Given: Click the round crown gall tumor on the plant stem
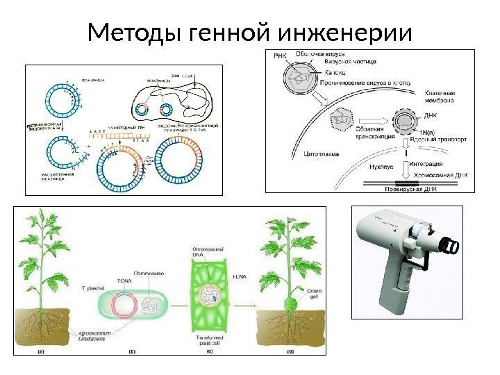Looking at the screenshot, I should (290, 303).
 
